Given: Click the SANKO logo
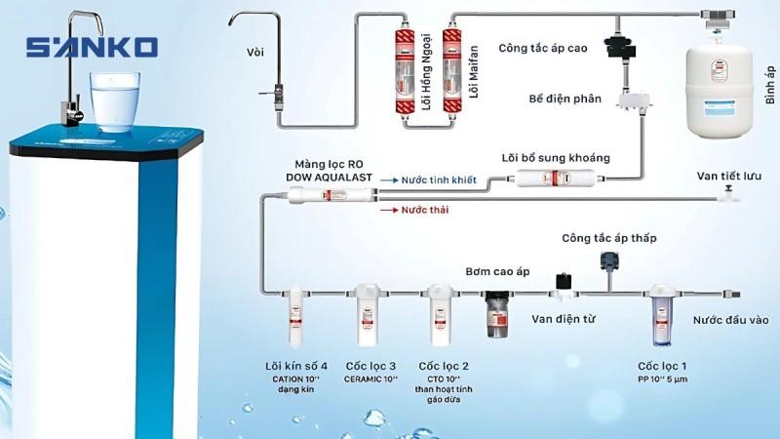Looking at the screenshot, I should pyautogui.click(x=93, y=47).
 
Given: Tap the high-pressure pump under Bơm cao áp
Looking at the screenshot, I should pyautogui.click(x=497, y=314).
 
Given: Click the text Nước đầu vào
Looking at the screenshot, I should pyautogui.click(x=730, y=320).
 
